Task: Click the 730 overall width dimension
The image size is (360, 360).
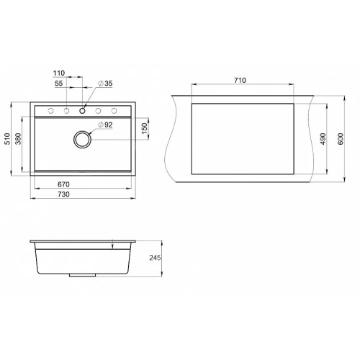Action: tap(63, 194)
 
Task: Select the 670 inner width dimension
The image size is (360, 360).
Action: tap(63, 184)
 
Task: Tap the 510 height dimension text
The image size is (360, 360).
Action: tap(7, 139)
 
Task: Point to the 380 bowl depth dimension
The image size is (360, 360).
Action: tap(18, 139)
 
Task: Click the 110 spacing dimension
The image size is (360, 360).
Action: tap(59, 73)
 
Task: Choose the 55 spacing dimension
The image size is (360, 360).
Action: tap(59, 84)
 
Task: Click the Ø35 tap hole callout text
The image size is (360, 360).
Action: tap(105, 84)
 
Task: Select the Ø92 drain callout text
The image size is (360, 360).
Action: tap(105, 125)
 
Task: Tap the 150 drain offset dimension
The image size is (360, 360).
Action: tap(144, 129)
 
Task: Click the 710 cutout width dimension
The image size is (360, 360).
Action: tap(240, 80)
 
